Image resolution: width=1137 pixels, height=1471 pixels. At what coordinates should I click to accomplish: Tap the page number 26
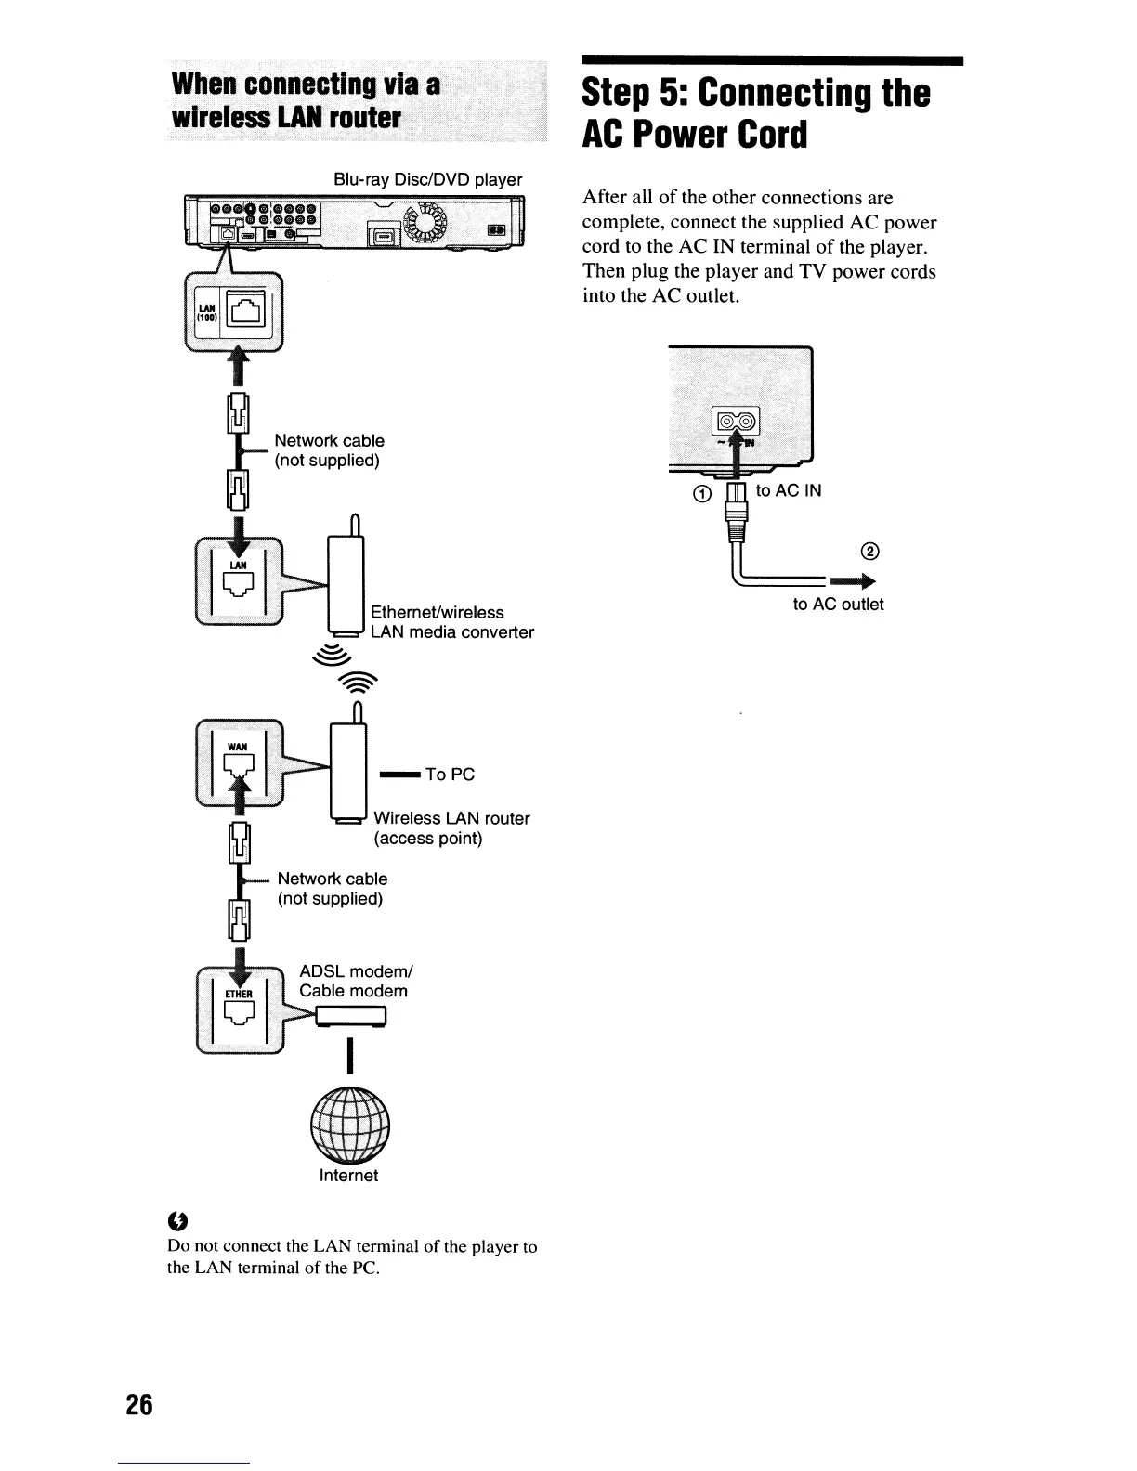pyautogui.click(x=139, y=1404)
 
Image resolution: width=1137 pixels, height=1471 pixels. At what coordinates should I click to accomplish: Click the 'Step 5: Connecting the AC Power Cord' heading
pyautogui.click(x=755, y=114)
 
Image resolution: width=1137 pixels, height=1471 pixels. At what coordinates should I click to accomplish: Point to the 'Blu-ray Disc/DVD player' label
pyautogui.click(x=427, y=179)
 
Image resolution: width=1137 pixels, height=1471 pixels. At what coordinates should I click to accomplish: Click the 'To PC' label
pyautogui.click(x=450, y=775)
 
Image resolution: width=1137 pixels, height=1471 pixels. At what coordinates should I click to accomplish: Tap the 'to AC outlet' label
pyautogui.click(x=838, y=605)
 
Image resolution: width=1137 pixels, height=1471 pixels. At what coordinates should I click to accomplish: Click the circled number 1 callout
pyautogui.click(x=703, y=493)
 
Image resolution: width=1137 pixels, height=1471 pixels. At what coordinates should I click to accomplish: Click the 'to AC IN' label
pyautogui.click(x=789, y=490)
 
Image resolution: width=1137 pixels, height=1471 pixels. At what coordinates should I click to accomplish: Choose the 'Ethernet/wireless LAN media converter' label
pyautogui.click(x=451, y=622)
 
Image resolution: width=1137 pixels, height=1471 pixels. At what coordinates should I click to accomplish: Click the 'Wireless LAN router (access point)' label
pyautogui.click(x=451, y=828)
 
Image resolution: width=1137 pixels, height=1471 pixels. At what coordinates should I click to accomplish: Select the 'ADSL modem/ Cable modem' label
pyautogui.click(x=355, y=981)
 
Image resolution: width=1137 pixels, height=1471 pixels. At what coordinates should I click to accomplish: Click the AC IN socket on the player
pyautogui.click(x=735, y=423)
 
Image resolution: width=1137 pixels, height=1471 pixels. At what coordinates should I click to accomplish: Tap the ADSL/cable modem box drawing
pyautogui.click(x=351, y=1019)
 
